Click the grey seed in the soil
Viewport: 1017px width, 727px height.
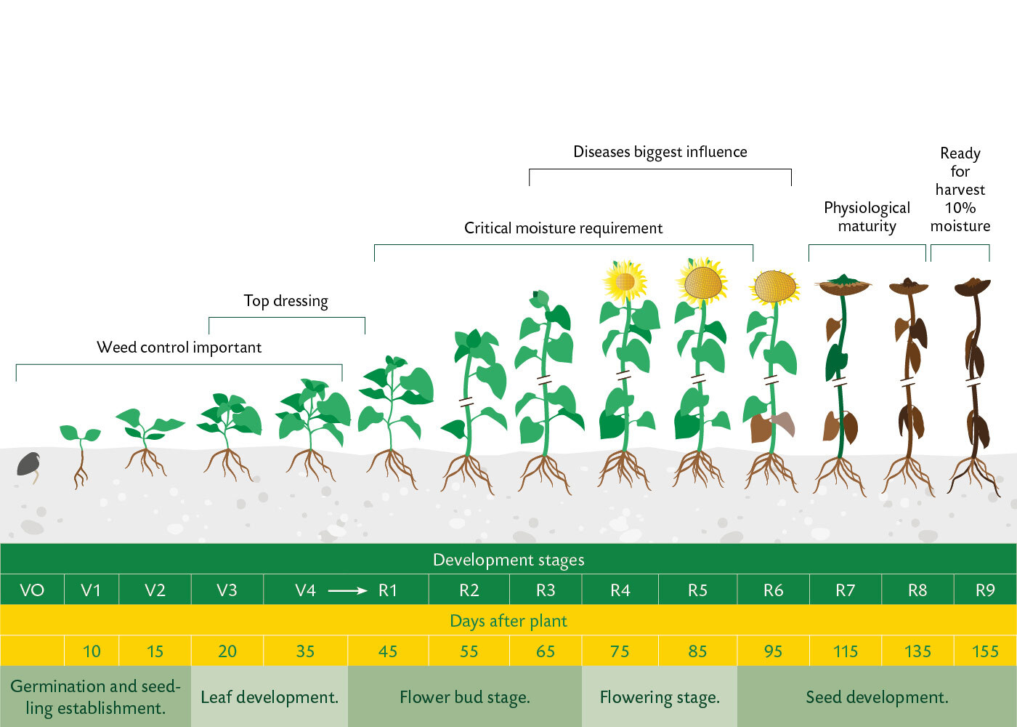(x=28, y=465)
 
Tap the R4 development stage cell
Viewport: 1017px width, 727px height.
(x=620, y=590)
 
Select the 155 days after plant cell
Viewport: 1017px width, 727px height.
(x=985, y=651)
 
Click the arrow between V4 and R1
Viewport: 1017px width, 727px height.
(x=347, y=590)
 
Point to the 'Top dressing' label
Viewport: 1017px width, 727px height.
(x=285, y=301)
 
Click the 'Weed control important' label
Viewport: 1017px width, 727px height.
(x=179, y=348)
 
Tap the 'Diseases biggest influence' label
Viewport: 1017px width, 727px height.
(x=660, y=152)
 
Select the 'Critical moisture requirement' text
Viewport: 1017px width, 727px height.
(x=563, y=228)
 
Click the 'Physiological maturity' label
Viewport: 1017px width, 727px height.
(x=867, y=217)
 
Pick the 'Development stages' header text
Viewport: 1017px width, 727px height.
(x=508, y=560)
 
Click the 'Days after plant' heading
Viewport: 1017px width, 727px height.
(x=508, y=621)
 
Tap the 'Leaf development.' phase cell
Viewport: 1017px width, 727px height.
(x=270, y=696)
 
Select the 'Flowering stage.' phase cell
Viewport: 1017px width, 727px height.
(x=660, y=696)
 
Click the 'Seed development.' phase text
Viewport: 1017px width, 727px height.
(x=878, y=697)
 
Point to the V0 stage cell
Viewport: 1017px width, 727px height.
(x=32, y=590)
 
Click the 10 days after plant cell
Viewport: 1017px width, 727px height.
(x=92, y=651)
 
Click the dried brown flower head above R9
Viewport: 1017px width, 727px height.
(x=973, y=287)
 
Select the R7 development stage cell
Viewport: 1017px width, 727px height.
(x=846, y=590)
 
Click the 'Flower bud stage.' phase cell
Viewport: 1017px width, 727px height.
(x=465, y=696)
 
